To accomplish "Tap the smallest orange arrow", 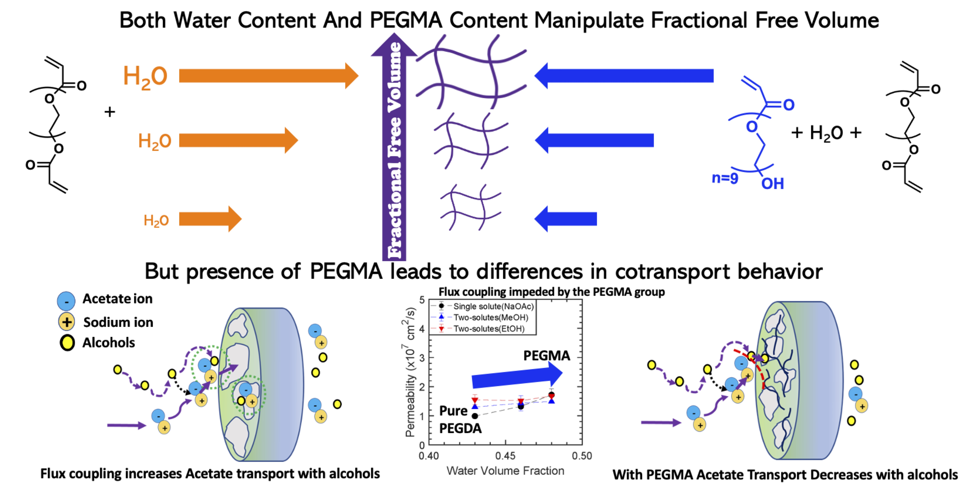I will tap(210, 219).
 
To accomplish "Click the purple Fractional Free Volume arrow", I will tap(394, 150).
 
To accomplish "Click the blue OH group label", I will tap(772, 183).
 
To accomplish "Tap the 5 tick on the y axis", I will tap(422, 300).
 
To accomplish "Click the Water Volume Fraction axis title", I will tap(505, 470).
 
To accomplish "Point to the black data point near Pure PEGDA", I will tap(475, 416).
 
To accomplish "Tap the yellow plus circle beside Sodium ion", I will tap(67, 322).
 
